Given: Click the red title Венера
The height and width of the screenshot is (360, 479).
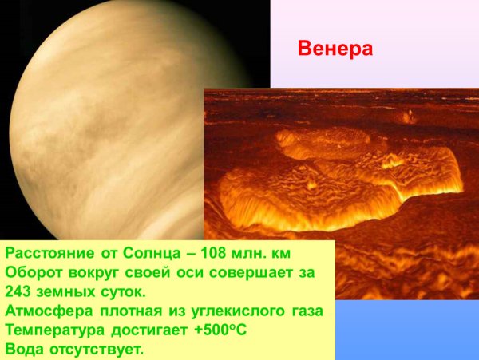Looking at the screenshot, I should [x=335, y=49].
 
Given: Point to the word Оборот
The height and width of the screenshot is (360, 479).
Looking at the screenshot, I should [x=33, y=272].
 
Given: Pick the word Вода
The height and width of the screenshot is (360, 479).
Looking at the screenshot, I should [x=24, y=349].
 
